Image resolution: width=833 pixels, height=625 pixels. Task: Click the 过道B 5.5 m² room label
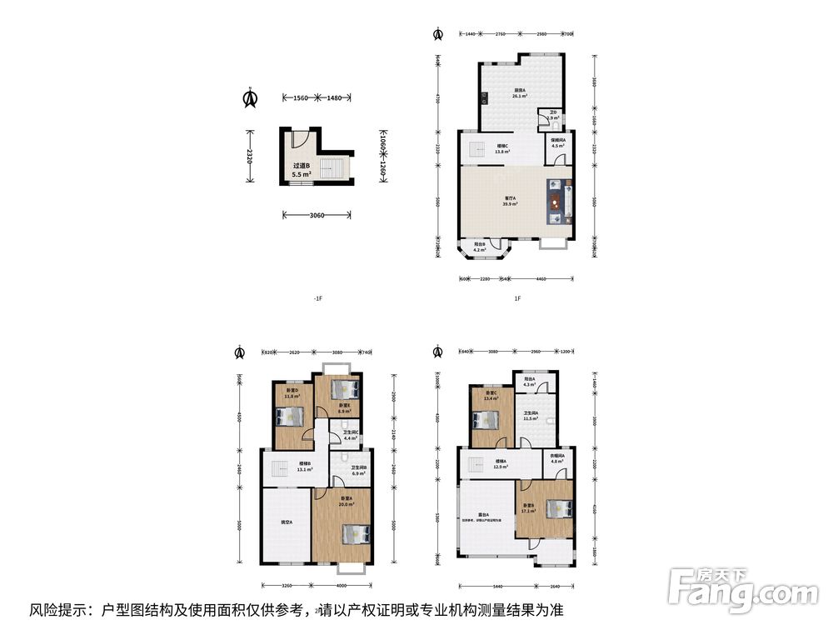click(302, 170)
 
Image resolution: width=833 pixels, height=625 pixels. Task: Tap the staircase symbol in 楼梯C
click(477, 150)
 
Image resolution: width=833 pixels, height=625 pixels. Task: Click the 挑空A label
click(286, 522)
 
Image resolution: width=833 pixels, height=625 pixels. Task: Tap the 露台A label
click(483, 516)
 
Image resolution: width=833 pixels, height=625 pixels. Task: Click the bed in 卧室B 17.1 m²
click(556, 507)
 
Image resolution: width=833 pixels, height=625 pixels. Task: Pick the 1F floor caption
click(517, 298)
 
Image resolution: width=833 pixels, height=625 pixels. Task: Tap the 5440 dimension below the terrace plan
click(496, 585)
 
